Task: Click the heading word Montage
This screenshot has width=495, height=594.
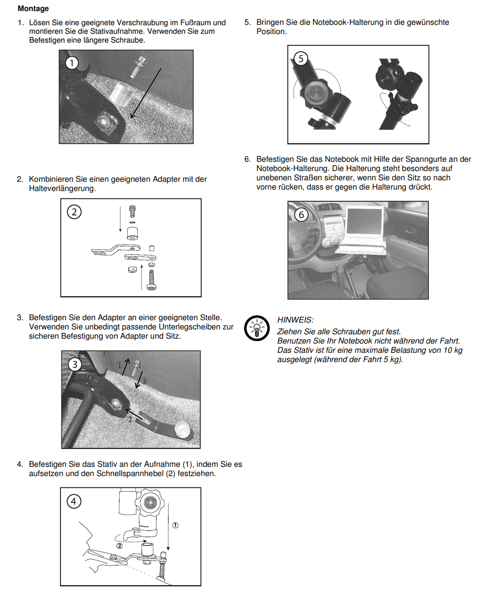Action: pyautogui.click(x=33, y=8)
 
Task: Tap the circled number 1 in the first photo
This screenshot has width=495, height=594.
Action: pyautogui.click(x=72, y=63)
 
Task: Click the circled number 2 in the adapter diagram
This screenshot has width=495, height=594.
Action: pyautogui.click(x=74, y=212)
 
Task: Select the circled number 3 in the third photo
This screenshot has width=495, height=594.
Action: pyautogui.click(x=75, y=364)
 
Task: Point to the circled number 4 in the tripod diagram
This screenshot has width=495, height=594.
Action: pyautogui.click(x=74, y=501)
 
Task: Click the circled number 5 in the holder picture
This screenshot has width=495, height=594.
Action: pyautogui.click(x=301, y=59)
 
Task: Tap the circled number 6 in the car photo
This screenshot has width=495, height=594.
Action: pyautogui.click(x=301, y=214)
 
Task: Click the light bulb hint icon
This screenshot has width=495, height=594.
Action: pyautogui.click(x=256, y=328)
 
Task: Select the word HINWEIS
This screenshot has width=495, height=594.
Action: pyautogui.click(x=295, y=320)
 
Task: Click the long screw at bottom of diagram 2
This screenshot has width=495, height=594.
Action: pyautogui.click(x=152, y=280)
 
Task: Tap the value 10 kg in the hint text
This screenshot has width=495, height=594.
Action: pyautogui.click(x=452, y=350)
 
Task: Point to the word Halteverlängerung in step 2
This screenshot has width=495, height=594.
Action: pyautogui.click(x=62, y=188)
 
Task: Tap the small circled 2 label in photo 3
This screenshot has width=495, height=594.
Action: pyautogui.click(x=130, y=419)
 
